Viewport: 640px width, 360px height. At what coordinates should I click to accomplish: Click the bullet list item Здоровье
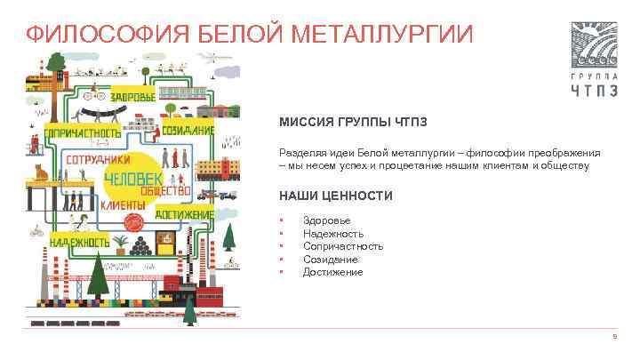pyautogui.click(x=326, y=220)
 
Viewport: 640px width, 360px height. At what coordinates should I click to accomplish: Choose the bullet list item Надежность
pyautogui.click(x=332, y=234)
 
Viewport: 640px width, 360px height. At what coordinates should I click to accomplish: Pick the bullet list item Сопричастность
pyautogui.click(x=343, y=246)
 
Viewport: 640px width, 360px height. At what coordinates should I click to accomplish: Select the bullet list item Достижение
pyautogui.click(x=332, y=272)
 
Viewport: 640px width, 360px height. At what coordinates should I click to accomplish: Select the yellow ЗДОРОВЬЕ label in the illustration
pyautogui.click(x=134, y=94)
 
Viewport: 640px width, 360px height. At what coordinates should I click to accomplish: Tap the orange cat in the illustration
pyautogui.click(x=39, y=171)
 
